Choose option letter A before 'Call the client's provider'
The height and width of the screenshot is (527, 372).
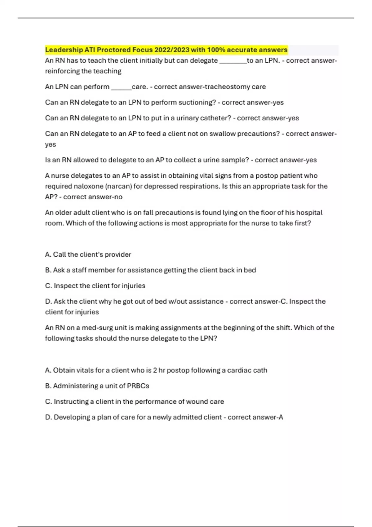click(x=48, y=255)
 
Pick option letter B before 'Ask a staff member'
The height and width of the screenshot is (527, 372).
click(x=48, y=270)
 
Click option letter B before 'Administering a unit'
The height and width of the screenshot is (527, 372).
click(x=48, y=386)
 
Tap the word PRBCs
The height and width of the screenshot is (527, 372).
click(x=138, y=386)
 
